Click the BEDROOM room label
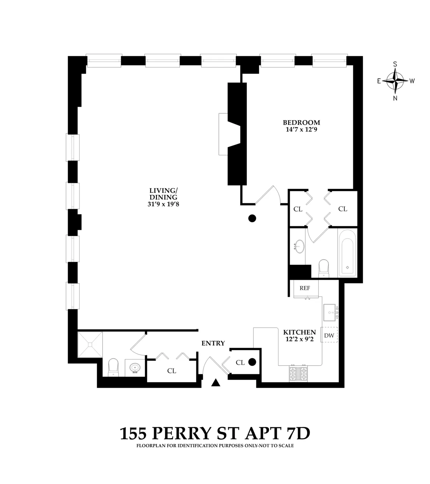(301, 123)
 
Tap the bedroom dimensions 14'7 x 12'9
(301, 129)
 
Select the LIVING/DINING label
(163, 194)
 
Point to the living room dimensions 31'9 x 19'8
(163, 204)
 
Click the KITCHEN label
(299, 332)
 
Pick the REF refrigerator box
(305, 288)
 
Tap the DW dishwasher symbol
(329, 336)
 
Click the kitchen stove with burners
(298, 374)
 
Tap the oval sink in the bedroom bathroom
(298, 247)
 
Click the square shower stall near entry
(90, 345)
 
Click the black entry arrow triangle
(215, 383)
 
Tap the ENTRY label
(213, 343)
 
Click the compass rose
(395, 81)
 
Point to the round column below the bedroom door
(252, 218)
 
